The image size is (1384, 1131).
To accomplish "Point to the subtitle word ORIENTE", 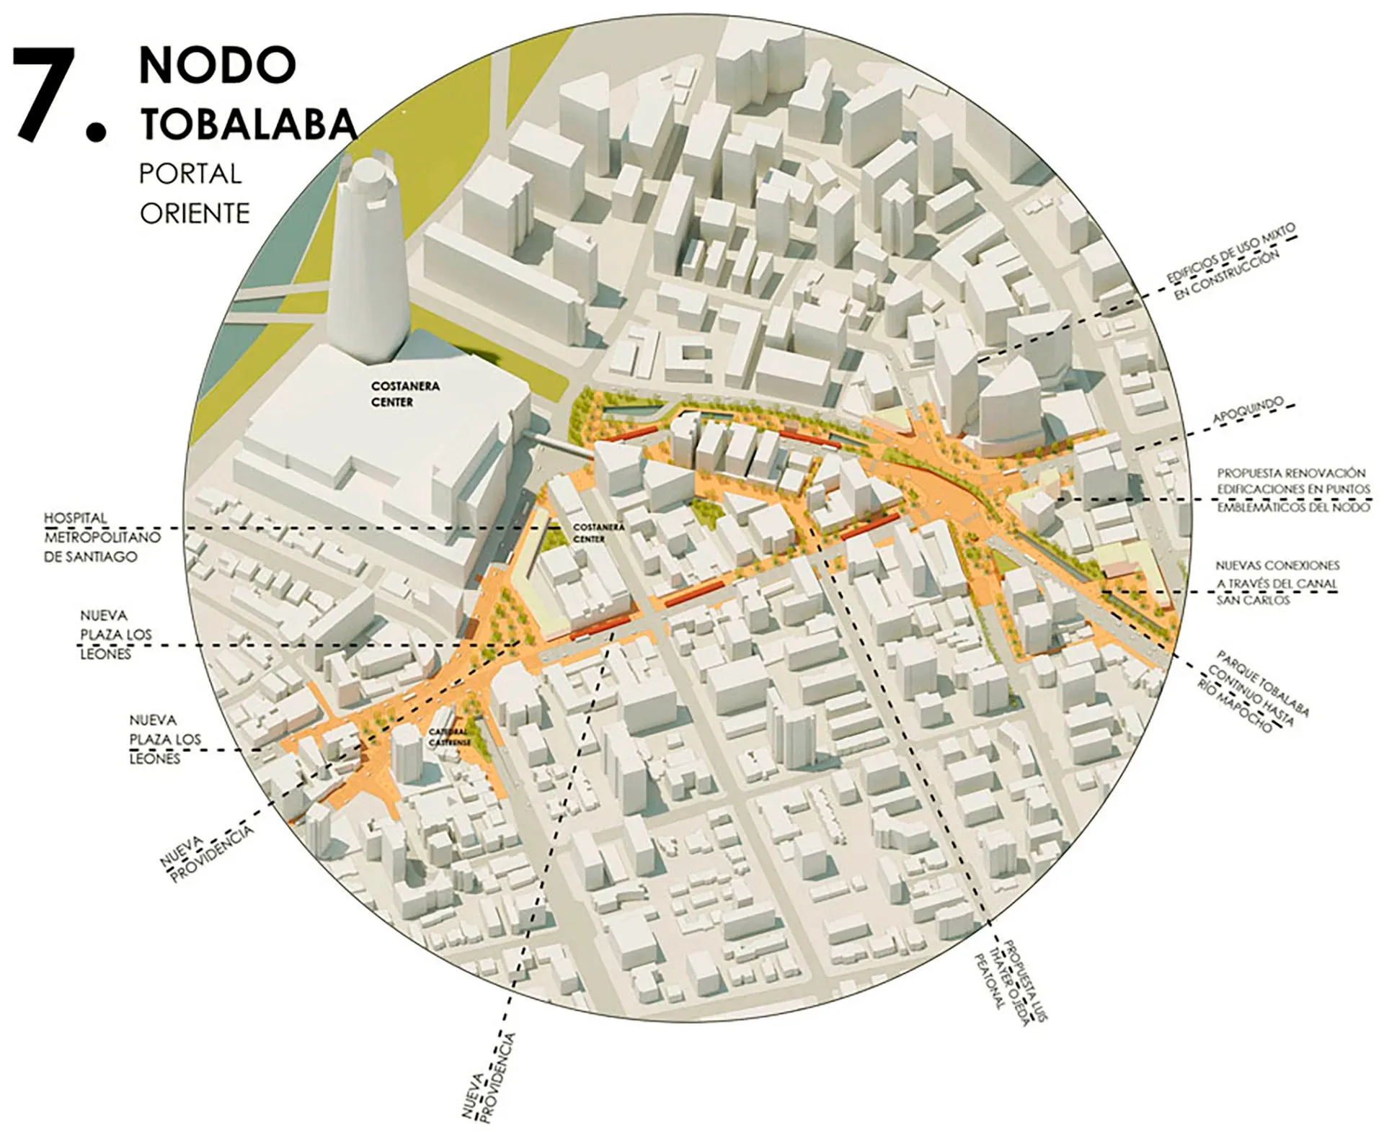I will click(195, 214).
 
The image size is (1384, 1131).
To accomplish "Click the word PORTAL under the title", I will click(190, 174).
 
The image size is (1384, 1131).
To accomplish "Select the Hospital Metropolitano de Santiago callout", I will click(101, 537).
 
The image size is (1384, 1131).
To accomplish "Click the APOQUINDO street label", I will click(1248, 410).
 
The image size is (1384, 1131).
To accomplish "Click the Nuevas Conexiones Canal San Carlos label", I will click(1276, 583).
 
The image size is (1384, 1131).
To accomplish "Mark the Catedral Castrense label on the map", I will click(450, 737).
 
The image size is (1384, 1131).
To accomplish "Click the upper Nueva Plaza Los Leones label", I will click(115, 635).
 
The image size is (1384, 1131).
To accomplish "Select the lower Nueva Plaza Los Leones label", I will click(164, 739).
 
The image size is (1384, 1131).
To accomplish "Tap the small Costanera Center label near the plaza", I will click(598, 533).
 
